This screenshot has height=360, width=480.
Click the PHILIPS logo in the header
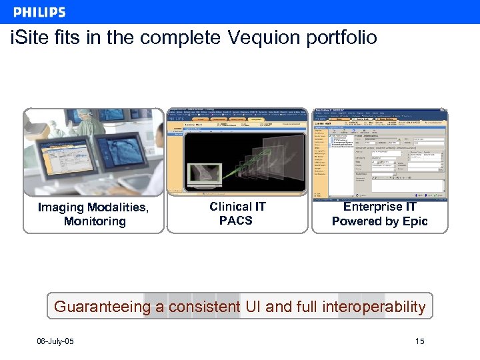point(39,12)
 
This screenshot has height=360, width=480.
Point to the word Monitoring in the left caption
point(95,221)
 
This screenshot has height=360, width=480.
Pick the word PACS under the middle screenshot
point(236,220)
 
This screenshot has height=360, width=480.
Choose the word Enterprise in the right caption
point(372,207)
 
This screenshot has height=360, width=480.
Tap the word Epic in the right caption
point(414,221)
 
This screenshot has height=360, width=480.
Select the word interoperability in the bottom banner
point(373,307)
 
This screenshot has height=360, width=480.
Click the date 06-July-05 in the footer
point(55,342)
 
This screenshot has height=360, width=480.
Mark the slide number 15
point(419,342)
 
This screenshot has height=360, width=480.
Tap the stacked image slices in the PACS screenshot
point(267,163)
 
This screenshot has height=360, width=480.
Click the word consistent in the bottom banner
point(204,307)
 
